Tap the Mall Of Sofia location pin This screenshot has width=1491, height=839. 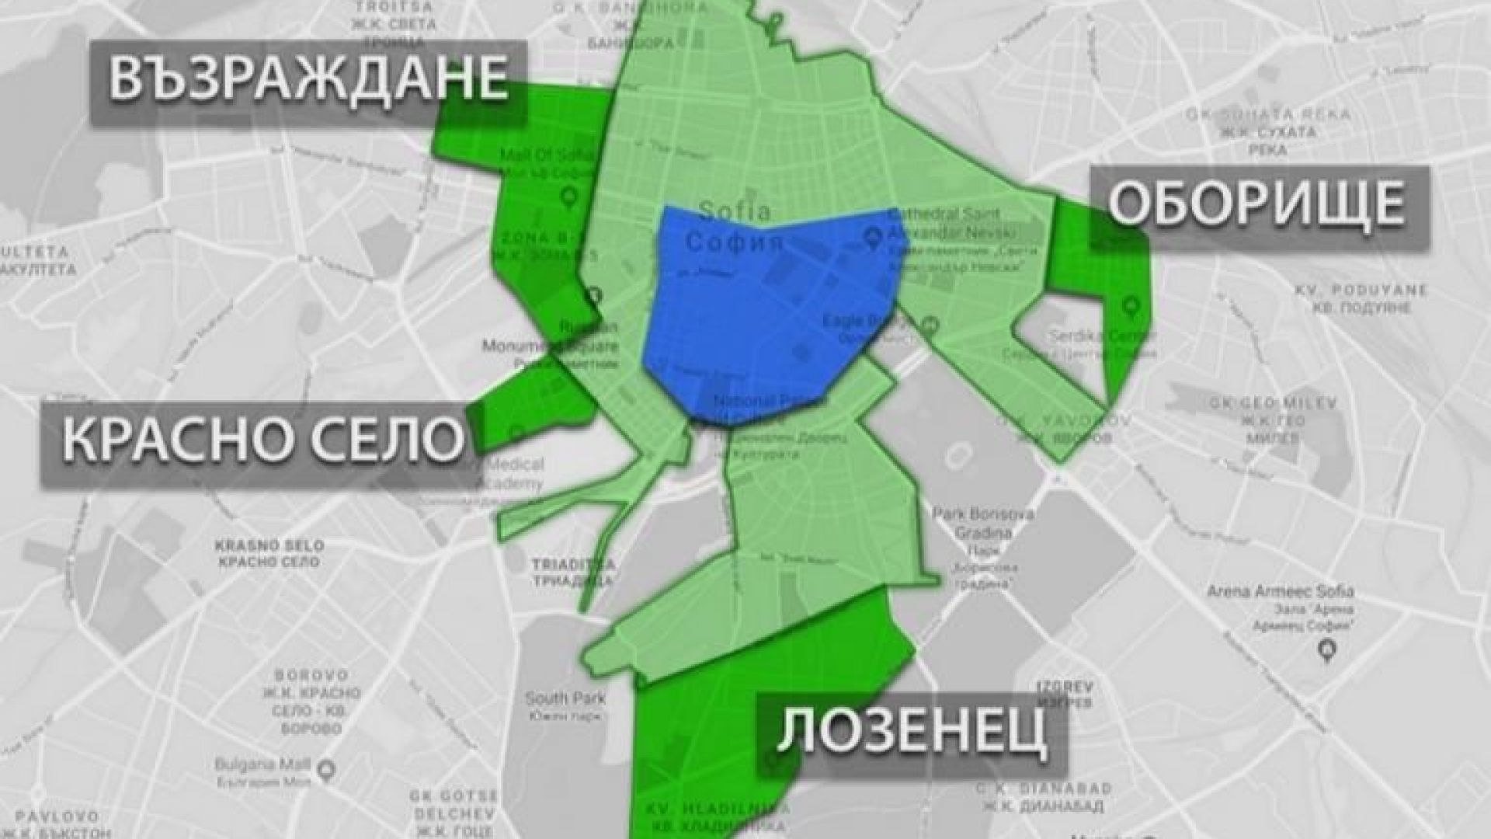point(568,197)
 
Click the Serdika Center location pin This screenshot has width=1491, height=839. point(1129,307)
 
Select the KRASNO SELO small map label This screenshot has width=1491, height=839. point(269,553)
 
